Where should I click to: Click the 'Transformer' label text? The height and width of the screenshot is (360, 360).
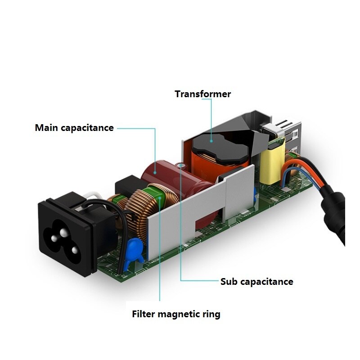coord(202,94)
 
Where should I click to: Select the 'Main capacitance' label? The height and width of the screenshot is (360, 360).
coord(74,128)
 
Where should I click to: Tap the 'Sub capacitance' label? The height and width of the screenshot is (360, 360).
coord(256,282)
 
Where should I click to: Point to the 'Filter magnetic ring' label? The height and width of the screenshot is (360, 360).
coord(176,314)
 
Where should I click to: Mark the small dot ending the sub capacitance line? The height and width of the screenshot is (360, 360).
coord(182,166)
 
